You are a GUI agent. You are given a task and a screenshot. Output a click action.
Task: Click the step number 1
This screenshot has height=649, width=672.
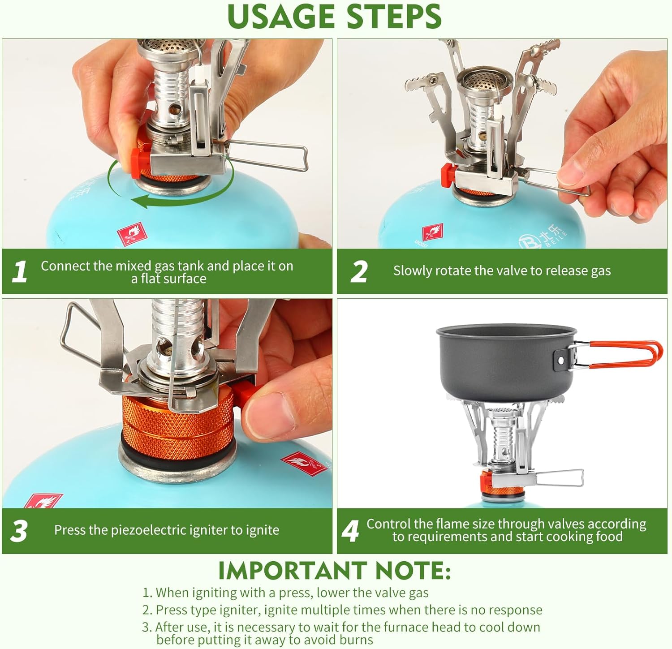click(19, 271)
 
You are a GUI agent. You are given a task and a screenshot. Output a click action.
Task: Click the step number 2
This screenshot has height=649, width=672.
click(359, 271)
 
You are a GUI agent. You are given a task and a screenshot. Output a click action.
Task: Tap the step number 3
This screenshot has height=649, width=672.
click(19, 531)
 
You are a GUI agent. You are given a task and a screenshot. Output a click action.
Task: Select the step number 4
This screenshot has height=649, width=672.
click(350, 531)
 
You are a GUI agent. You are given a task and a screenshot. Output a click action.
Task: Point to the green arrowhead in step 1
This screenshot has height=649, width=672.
click(143, 202)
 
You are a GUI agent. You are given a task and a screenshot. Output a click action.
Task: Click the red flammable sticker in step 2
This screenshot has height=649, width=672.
click(433, 233)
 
